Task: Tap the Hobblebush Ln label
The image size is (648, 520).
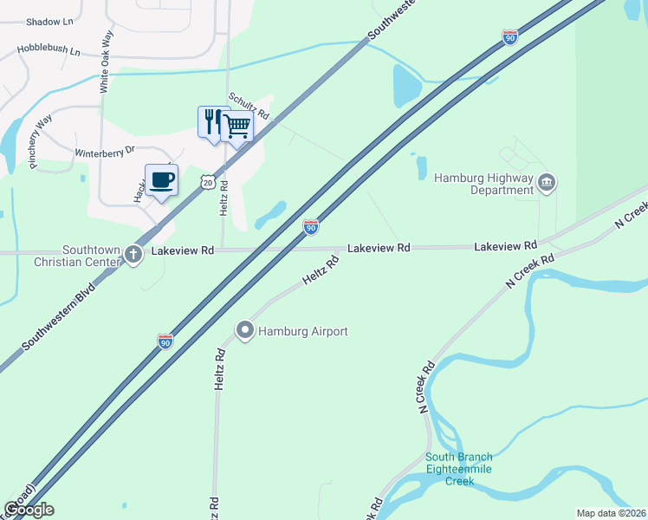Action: tap(49, 51)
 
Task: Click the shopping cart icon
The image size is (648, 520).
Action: tap(237, 126)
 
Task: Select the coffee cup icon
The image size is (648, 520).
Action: tap(161, 179)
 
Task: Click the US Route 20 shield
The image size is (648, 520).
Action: tap(206, 180)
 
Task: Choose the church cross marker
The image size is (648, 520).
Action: tap(133, 255)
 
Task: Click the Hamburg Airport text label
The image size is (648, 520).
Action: tap(303, 331)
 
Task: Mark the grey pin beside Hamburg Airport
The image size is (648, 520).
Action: tap(245, 330)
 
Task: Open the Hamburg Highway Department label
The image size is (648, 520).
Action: tap(481, 184)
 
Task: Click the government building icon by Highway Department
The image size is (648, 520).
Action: tap(547, 182)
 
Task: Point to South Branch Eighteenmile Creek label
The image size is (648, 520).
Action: tap(458, 469)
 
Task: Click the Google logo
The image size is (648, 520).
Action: tap(29, 510)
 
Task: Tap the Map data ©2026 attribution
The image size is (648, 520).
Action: tap(611, 513)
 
